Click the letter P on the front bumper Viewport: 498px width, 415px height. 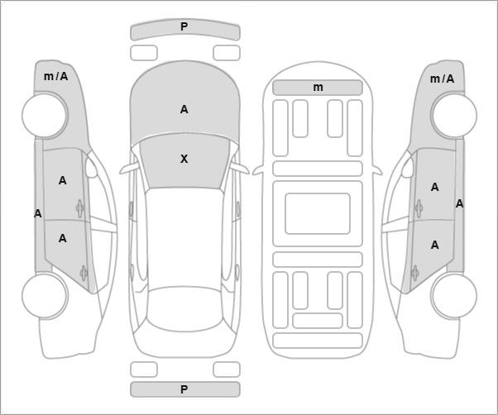tap(184, 26)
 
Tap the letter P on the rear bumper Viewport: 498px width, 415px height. tap(184, 389)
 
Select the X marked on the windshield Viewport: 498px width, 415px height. tap(184, 159)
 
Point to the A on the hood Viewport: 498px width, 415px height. tap(184, 109)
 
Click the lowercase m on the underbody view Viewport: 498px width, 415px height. tap(318, 88)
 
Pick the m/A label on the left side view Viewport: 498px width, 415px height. tap(56, 76)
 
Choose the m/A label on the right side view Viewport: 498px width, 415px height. tap(442, 79)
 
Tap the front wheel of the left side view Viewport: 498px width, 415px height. tap(45, 116)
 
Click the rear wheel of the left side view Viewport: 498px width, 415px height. tap(45, 295)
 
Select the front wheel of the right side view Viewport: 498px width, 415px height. tap(454, 115)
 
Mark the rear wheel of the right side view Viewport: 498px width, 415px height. tap(454, 295)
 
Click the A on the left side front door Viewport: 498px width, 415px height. tap(63, 180)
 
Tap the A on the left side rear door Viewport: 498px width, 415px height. tap(63, 238)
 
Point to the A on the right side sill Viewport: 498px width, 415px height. tap(460, 203)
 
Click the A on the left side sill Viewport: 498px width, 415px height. tap(38, 213)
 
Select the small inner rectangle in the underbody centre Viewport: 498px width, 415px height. tap(318, 213)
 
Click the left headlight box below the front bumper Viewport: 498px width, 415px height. tap(144, 53)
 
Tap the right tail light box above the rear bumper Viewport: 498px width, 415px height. tap(227, 370)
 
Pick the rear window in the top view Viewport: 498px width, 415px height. tap(185, 309)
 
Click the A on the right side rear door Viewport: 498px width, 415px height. tap(435, 245)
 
